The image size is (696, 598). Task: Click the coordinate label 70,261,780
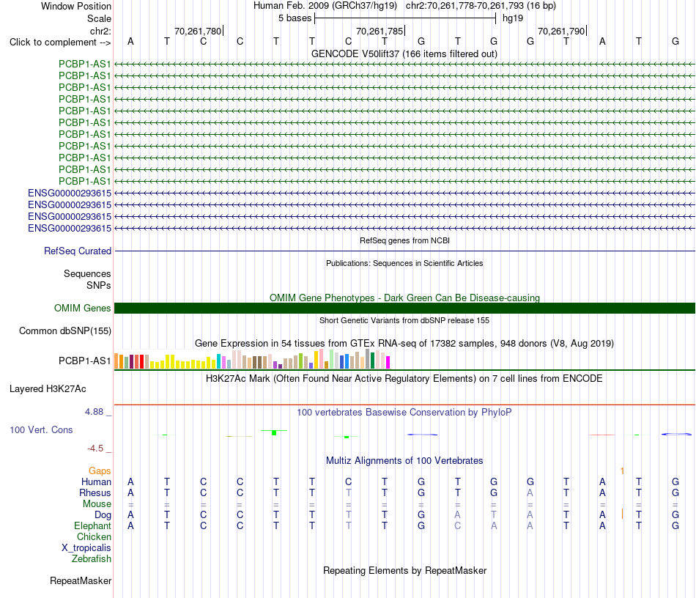click(x=198, y=31)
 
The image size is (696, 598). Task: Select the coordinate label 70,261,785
click(x=380, y=31)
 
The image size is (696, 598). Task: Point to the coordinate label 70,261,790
click(x=561, y=31)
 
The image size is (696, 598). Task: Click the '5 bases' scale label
click(x=295, y=18)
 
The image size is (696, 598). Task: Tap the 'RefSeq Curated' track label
click(x=78, y=251)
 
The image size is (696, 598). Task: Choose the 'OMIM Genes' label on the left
click(x=83, y=308)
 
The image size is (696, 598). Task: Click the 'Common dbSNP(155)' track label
click(x=65, y=331)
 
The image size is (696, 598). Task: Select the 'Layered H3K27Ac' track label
click(x=48, y=389)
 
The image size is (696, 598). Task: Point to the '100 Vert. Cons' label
click(x=41, y=429)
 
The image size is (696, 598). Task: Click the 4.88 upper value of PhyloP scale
click(x=94, y=412)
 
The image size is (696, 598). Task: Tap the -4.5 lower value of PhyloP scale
click(x=95, y=448)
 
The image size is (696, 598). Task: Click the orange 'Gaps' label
click(x=100, y=470)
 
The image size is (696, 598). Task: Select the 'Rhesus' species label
click(x=95, y=492)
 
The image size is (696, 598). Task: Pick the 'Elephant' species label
click(x=93, y=525)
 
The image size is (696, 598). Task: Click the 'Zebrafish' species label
click(x=92, y=558)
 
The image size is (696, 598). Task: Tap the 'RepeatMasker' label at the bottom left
click(x=81, y=580)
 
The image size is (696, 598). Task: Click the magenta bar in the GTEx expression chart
click(x=388, y=362)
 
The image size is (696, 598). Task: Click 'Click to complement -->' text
click(x=60, y=43)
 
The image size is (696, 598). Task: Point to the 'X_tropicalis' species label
click(x=86, y=548)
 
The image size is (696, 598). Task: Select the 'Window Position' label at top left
click(x=76, y=6)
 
